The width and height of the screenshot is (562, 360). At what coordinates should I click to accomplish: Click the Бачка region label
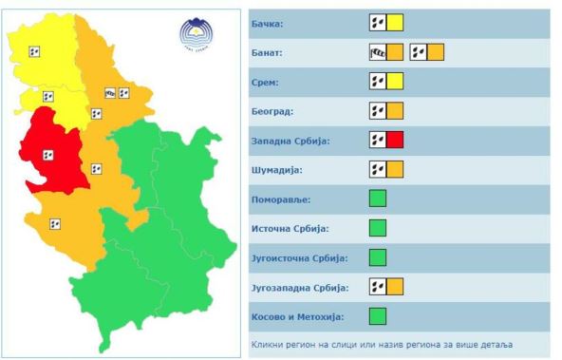[272, 23]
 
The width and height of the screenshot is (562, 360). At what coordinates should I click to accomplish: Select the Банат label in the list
[271, 52]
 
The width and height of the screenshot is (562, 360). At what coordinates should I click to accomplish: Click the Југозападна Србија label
[301, 287]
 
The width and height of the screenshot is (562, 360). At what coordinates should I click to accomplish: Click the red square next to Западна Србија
[395, 141]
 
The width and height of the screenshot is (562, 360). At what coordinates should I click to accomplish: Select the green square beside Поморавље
[377, 199]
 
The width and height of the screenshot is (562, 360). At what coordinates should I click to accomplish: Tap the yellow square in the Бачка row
[395, 23]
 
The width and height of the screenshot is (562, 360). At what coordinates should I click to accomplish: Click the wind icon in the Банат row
[377, 52]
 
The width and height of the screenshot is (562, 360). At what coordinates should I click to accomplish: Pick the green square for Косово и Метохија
[377, 316]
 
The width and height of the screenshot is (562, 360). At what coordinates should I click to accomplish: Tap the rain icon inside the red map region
[48, 155]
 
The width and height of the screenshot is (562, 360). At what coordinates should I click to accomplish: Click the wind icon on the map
[110, 93]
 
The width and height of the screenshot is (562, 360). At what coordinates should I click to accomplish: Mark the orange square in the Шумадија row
[395, 170]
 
